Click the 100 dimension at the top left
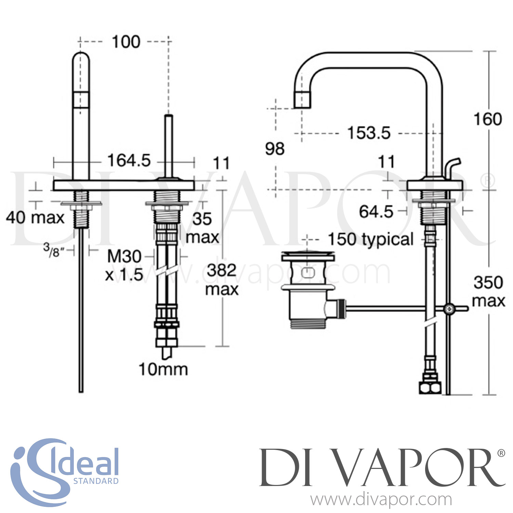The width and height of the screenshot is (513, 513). coord(126,42)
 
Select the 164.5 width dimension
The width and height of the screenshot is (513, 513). coord(129,160)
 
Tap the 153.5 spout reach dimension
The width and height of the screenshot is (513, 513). coord(369,133)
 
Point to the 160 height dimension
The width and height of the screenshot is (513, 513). coord(487,119)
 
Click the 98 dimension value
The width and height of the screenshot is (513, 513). coord(275,149)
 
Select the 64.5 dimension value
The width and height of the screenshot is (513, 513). coord(376,212)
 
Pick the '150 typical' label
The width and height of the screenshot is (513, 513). coord(371,239)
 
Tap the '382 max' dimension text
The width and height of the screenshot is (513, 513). coord(222,280)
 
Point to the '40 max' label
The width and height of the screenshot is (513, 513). coord(35,218)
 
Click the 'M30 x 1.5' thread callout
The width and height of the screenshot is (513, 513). coord(124,265)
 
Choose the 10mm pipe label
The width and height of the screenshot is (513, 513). coord(163,370)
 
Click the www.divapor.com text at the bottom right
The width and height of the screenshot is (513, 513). coord(381,500)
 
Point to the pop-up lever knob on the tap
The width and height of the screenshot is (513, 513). coord(455,164)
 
